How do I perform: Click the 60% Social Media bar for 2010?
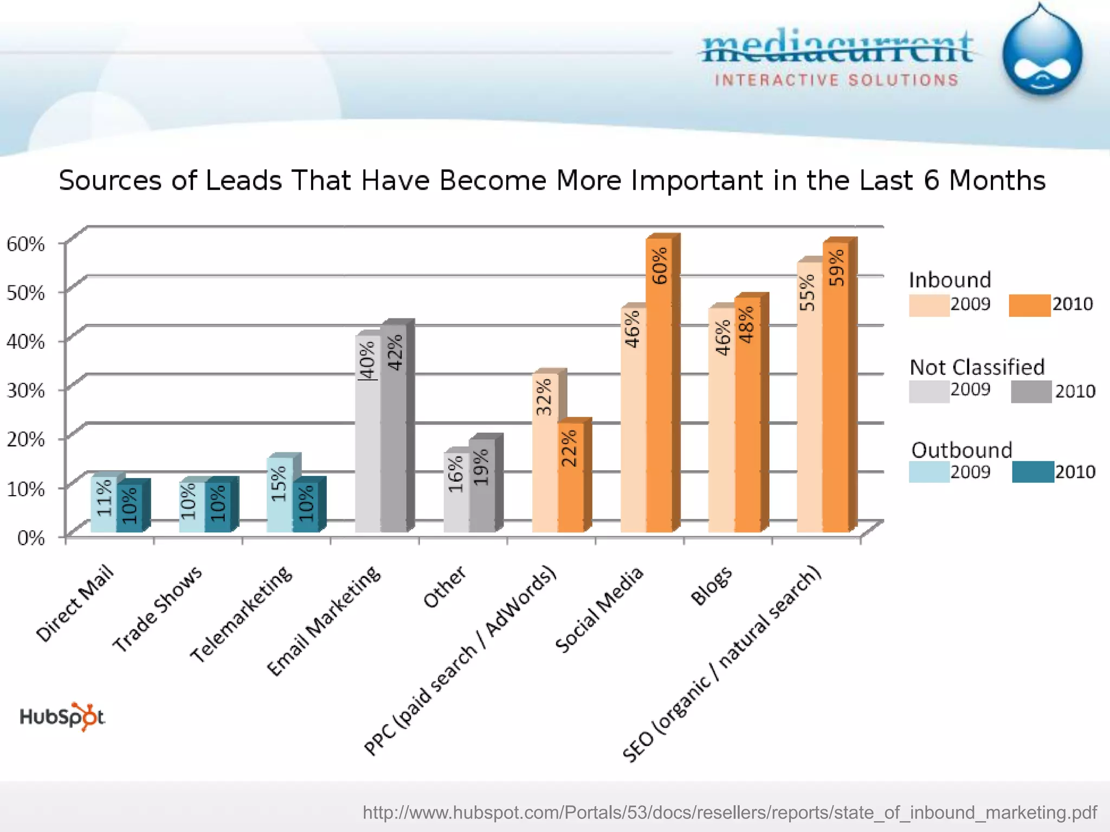point(660,385)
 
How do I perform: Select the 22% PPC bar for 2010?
point(571,477)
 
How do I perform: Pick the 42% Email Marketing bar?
point(394,428)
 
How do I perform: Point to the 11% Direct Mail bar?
point(104,504)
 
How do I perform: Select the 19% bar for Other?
point(482,485)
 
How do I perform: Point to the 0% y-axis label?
point(30,538)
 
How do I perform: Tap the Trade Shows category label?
point(157,609)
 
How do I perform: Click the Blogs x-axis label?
point(711,586)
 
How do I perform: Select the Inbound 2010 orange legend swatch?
point(1029,305)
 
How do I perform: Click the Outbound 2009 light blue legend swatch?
point(928,472)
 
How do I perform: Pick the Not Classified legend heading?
point(977,367)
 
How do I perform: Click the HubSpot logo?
point(62,717)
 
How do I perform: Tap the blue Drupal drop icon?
point(1042,54)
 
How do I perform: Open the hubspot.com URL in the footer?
point(730,812)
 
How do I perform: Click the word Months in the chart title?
point(997,180)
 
